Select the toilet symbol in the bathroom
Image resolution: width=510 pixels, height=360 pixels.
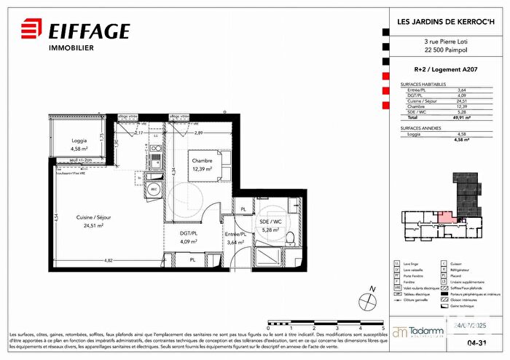click(290, 238)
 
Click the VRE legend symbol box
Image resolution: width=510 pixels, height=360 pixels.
click(396, 288)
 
